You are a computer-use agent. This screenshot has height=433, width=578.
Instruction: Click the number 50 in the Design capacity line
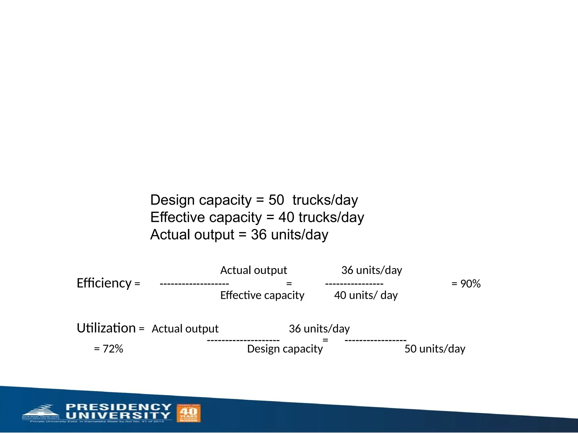[276, 200]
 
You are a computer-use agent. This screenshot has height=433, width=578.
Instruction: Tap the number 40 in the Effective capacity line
[286, 217]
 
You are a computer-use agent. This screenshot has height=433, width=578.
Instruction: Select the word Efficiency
[104, 283]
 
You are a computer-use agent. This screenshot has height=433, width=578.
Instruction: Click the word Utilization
[106, 328]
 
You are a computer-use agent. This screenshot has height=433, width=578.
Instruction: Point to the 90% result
[470, 284]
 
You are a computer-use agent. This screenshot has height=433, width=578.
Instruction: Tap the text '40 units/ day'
[366, 295]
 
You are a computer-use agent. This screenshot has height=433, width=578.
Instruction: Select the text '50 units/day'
[435, 349]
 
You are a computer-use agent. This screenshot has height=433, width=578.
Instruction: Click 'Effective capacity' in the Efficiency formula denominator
[262, 295]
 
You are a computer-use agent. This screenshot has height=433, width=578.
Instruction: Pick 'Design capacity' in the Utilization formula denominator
[285, 349]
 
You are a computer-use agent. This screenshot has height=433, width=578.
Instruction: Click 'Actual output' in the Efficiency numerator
[253, 270]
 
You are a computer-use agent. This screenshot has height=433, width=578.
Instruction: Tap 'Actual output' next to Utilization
[185, 329]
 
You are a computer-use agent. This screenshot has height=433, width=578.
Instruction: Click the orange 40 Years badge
[189, 413]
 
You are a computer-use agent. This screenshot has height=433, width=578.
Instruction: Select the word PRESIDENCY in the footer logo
[119, 407]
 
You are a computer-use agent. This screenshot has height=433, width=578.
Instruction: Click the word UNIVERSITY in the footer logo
[119, 416]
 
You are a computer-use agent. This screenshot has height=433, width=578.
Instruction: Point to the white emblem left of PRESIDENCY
[41, 412]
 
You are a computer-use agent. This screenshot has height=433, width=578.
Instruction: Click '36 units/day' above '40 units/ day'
[371, 270]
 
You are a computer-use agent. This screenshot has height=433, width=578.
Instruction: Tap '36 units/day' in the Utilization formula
[319, 329]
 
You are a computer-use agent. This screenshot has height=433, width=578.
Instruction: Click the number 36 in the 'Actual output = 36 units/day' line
[259, 235]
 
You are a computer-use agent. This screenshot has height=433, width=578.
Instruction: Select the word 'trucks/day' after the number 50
[325, 200]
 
